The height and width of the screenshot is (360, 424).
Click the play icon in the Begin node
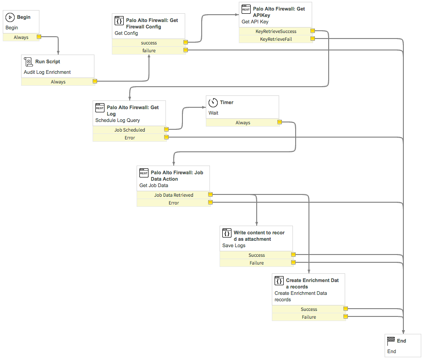10,17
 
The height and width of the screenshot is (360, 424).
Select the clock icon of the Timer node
213,103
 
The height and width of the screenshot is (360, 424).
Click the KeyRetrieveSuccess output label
276,31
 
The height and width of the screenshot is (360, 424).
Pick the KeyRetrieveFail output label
276,39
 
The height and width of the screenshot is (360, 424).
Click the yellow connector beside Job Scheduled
166,130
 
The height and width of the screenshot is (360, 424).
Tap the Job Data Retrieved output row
174,195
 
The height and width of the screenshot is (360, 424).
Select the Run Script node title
48,61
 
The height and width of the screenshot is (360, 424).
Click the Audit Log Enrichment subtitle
47,72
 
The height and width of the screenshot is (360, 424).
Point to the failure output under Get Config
149,50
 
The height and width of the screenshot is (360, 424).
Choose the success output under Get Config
149,43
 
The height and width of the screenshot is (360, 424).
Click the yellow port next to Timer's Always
280,122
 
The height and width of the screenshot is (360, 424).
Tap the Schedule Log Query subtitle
117,120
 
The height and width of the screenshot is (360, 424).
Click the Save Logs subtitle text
234,246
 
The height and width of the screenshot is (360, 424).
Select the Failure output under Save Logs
257,263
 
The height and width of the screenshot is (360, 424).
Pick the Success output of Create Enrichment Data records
309,309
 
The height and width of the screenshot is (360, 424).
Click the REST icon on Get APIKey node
246,9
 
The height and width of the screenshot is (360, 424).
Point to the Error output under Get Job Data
174,203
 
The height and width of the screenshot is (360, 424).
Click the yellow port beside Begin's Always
39,37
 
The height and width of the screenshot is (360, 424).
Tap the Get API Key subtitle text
255,22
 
